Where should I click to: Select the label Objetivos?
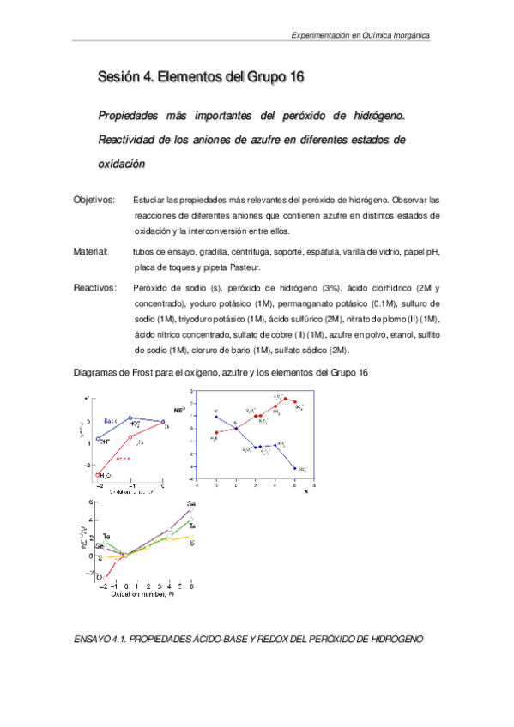click(x=94, y=200)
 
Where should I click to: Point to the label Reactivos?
click(x=94, y=289)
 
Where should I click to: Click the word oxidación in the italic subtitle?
click(x=124, y=164)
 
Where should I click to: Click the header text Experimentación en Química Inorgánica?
click(x=361, y=37)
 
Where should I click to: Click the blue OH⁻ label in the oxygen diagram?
click(x=105, y=441)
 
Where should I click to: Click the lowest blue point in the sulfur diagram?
click(x=294, y=468)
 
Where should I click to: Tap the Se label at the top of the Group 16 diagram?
click(x=190, y=503)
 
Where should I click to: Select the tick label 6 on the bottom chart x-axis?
click(x=190, y=585)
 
